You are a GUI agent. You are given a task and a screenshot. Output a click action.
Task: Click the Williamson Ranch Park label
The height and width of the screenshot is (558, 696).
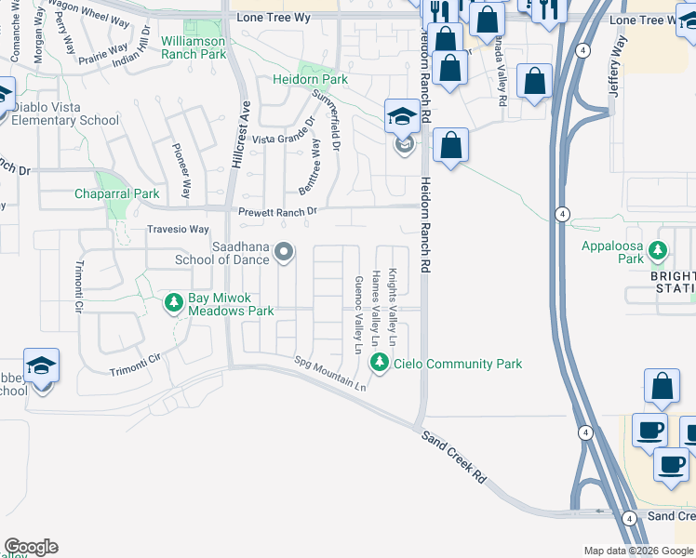pyautogui.click(x=194, y=47)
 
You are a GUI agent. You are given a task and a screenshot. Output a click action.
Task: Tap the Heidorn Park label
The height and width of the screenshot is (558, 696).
pyautogui.click(x=310, y=80)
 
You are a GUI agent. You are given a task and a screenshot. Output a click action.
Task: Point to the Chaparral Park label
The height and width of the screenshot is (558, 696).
pyautogui.click(x=116, y=193)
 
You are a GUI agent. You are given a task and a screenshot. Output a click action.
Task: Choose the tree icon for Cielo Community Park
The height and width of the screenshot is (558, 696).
pyautogui.click(x=379, y=363)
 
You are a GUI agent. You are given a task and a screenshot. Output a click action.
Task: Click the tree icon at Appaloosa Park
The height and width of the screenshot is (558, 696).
pyautogui.click(x=658, y=249)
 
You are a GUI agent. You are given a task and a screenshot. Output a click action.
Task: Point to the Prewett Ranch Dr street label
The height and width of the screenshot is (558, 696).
pyautogui.click(x=278, y=211)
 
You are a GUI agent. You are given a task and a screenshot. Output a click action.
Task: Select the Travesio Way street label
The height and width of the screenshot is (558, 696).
pyautogui.click(x=178, y=229)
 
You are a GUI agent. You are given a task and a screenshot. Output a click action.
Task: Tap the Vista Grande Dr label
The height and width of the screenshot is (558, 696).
pyautogui.click(x=284, y=139)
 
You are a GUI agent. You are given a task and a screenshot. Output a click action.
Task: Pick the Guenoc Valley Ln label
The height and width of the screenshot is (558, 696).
pyautogui.click(x=357, y=314)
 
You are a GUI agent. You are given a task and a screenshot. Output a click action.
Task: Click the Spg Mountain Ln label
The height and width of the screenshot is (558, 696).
pyautogui.click(x=330, y=373)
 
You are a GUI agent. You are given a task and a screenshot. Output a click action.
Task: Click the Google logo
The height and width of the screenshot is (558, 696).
pyautogui.click(x=31, y=547)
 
